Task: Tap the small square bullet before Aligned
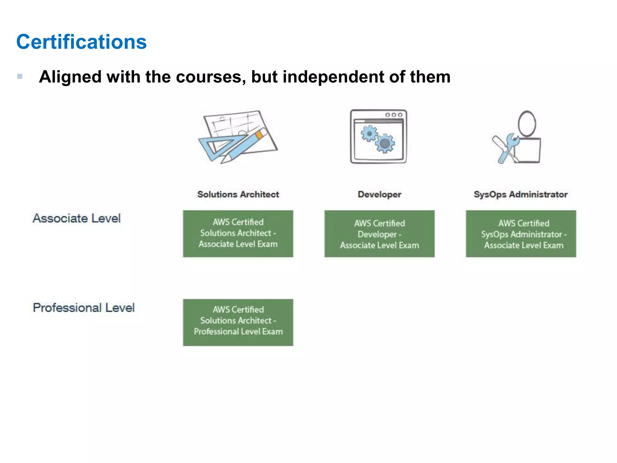tap(20, 76)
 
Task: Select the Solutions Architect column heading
tap(238, 194)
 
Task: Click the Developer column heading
tap(379, 194)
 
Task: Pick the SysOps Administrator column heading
tap(521, 194)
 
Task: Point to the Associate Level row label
tap(77, 218)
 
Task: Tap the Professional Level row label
tap(84, 308)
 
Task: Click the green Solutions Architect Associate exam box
tap(238, 234)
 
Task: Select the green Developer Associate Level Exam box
tap(379, 234)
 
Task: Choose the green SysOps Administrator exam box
tap(521, 234)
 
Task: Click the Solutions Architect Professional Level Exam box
tap(238, 322)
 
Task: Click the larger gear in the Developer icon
tap(385, 143)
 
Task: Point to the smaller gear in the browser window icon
tap(369, 133)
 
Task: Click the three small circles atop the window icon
tap(394, 115)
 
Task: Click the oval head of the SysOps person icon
tap(527, 124)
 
